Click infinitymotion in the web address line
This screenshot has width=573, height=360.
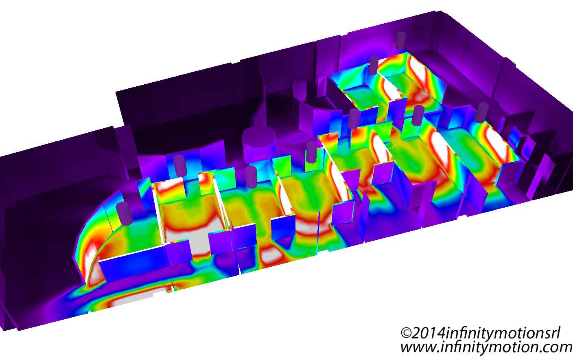489,348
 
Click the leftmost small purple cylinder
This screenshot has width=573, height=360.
124,213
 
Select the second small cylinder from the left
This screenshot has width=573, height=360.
179,165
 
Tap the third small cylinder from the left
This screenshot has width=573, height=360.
251,177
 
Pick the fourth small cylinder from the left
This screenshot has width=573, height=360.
312,152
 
